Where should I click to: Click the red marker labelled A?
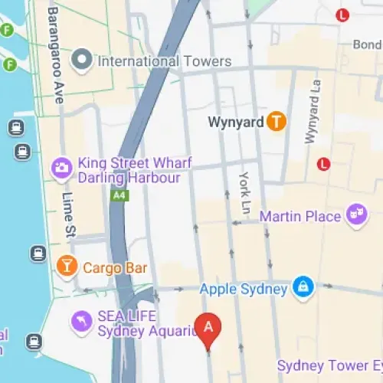click(x=208, y=328)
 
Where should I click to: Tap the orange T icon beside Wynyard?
click(x=277, y=121)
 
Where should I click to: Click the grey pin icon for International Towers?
click(x=82, y=59)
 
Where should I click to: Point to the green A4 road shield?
click(x=118, y=196)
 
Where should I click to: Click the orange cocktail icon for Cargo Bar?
click(x=67, y=267)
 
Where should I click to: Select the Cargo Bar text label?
click(x=115, y=268)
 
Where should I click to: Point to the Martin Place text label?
click(x=300, y=216)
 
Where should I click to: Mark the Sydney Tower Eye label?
click(x=329, y=365)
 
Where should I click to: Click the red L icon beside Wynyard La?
click(x=323, y=163)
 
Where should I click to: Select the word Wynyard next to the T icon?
click(x=236, y=122)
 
